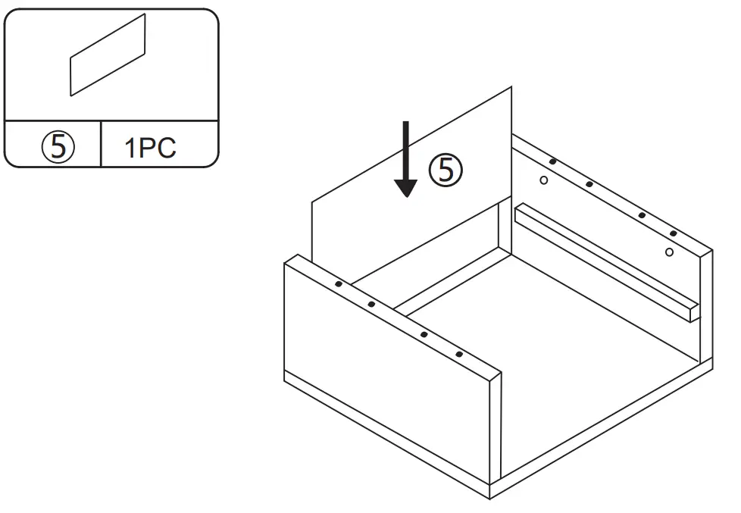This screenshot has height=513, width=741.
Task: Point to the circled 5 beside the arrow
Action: (x=446, y=170)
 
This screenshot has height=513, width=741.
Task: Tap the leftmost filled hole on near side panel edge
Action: (x=338, y=283)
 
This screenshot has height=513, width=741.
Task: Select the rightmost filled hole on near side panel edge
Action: (x=459, y=354)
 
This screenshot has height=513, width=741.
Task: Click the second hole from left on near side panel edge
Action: (x=371, y=304)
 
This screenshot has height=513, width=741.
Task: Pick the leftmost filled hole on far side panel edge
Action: (x=553, y=161)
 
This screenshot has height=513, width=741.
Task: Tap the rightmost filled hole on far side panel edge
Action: (x=673, y=233)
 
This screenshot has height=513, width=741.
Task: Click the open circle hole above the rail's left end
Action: (x=543, y=180)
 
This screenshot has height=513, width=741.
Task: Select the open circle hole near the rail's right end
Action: (x=668, y=251)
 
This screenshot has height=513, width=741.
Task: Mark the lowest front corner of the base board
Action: (x=490, y=497)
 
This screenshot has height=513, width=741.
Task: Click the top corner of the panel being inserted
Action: (x=511, y=88)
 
